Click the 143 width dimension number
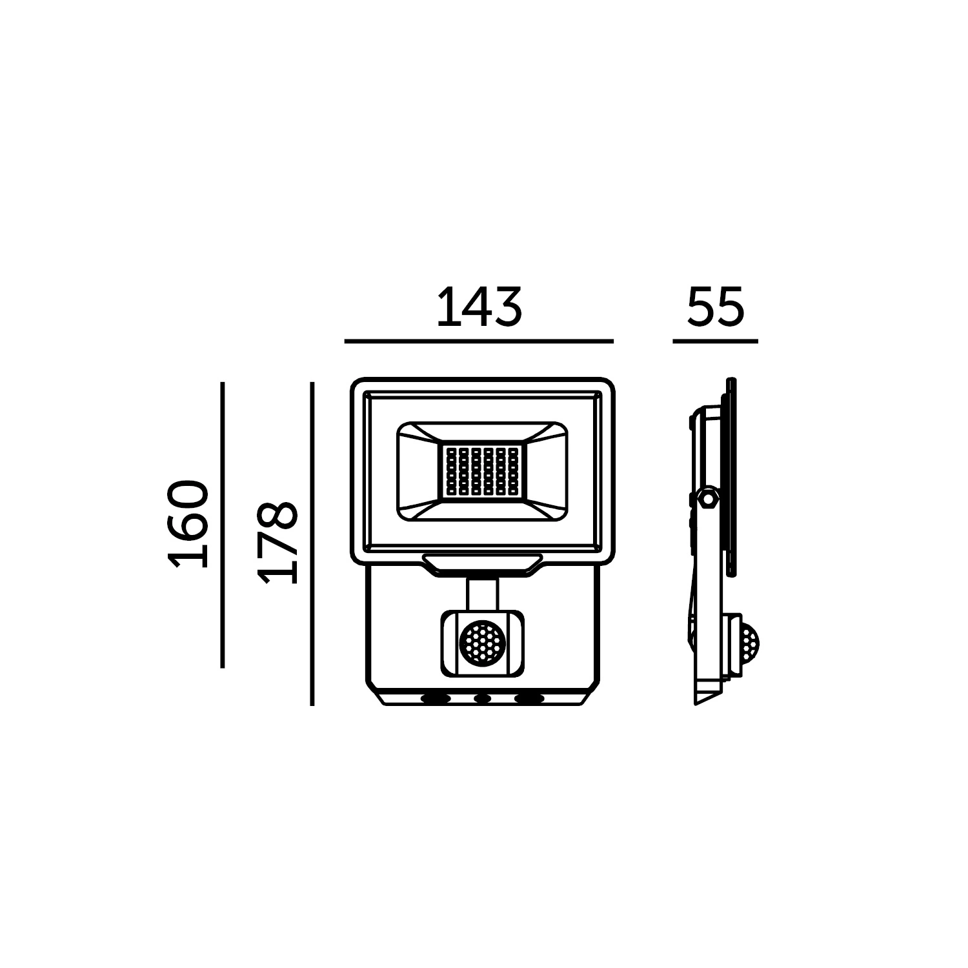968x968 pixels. click(x=479, y=307)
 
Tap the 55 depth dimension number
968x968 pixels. click(x=716, y=307)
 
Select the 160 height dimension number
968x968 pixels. click(x=188, y=524)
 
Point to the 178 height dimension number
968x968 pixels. click(x=277, y=541)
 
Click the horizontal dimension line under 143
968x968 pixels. click(x=479, y=340)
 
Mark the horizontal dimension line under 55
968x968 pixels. click(x=715, y=340)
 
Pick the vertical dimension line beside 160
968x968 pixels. click(x=222, y=525)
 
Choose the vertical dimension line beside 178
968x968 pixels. click(x=312, y=544)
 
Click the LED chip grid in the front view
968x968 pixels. click(x=482, y=471)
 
